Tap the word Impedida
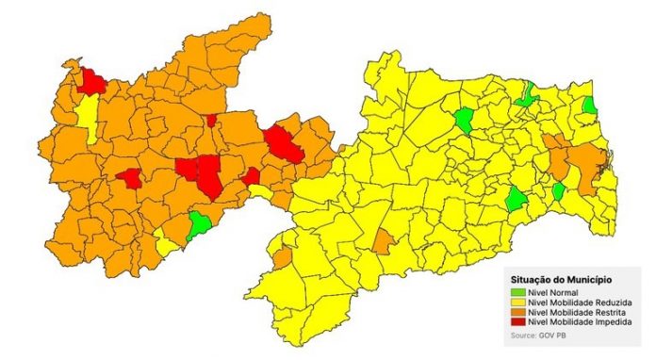[603, 323]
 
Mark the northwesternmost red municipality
[92, 82]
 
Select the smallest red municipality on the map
[211, 120]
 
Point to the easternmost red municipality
[283, 144]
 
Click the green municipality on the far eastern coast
[590, 106]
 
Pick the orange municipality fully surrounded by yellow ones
[383, 241]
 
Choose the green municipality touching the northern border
[527, 93]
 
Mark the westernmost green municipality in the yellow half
[464, 120]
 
